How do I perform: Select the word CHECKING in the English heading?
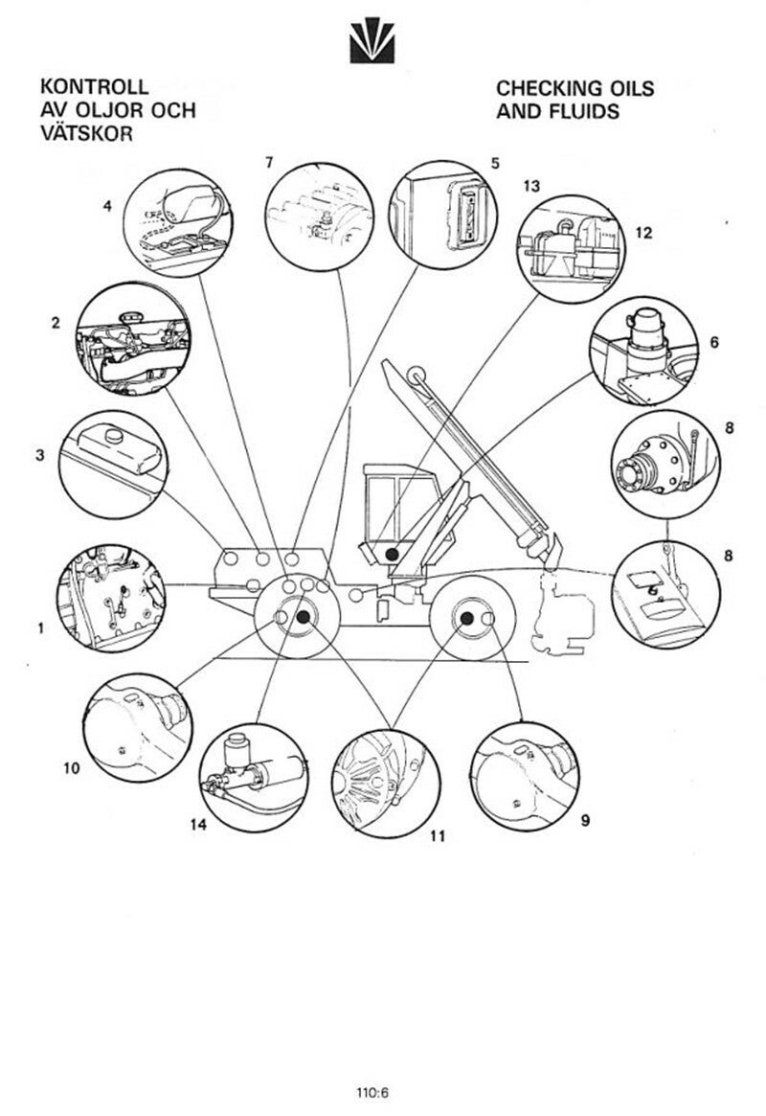point(549,88)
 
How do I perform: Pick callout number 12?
point(642,231)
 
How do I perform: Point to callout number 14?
point(198,822)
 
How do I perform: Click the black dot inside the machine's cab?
point(392,554)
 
